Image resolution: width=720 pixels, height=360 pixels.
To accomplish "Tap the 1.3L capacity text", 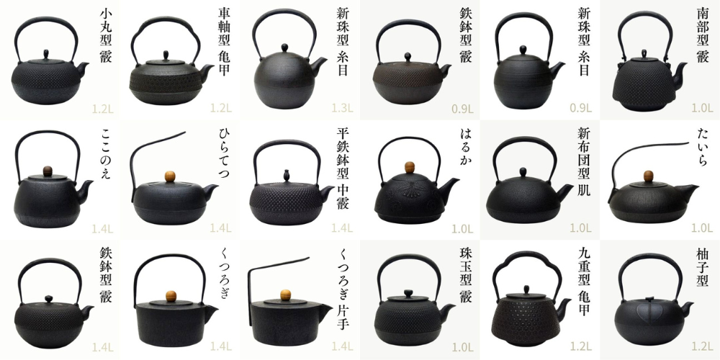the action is point(343,109).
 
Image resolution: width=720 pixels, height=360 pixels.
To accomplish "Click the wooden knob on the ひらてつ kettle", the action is point(170,176).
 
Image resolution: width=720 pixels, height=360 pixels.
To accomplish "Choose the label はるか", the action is point(465,148).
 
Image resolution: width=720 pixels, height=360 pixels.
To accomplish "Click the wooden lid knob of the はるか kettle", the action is point(410,167).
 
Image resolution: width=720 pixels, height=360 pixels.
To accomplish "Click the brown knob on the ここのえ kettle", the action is point(48,171).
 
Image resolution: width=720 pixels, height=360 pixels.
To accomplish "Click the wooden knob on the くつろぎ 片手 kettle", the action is point(286,294).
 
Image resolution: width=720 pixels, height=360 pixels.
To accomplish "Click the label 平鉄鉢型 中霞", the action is point(343,168).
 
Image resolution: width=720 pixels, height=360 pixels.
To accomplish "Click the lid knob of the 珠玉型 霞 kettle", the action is point(408,294).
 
